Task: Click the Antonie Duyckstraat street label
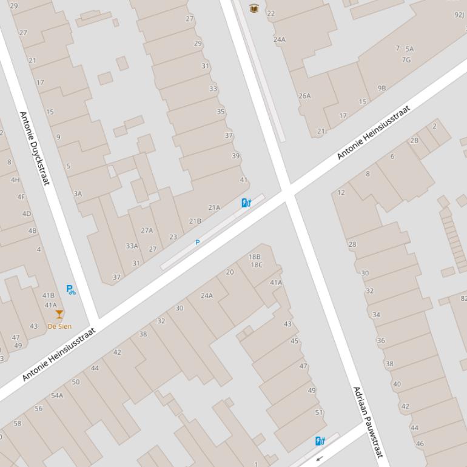coord(35,148)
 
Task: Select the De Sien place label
coord(59,326)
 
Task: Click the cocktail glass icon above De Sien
coord(59,314)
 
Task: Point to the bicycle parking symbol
coord(71,290)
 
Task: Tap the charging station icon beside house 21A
coord(246,203)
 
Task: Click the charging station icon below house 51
coord(320,441)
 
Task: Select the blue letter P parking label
coord(197,243)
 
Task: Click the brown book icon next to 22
coord(254,8)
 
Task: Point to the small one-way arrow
coord(320,459)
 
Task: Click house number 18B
coord(255,257)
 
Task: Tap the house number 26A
coord(304,96)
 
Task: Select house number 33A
coord(132,246)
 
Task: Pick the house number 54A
coord(57,395)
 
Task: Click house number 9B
coord(381,88)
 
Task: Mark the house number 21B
coord(195,221)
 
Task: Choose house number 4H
coord(15,180)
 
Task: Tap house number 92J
coord(459,15)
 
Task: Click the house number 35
coord(221,112)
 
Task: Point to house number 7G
coord(406,59)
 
